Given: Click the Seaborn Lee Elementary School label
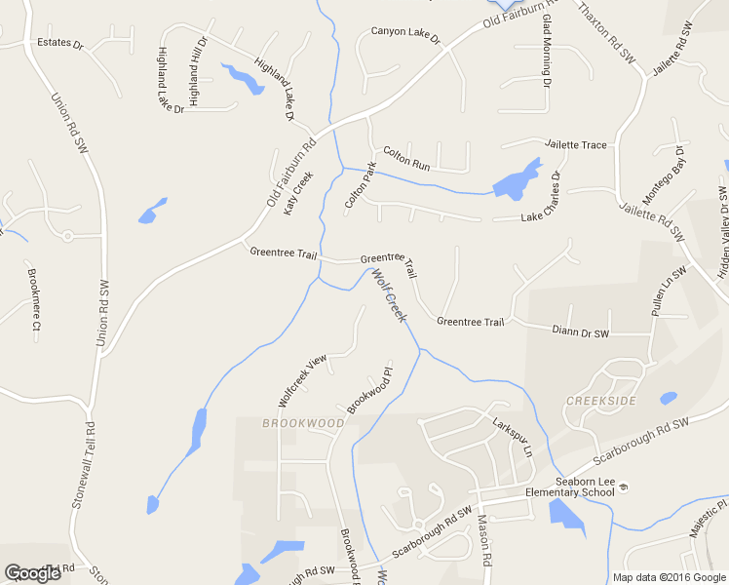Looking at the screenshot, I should tap(570, 486).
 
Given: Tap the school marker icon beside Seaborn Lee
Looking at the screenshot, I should tap(624, 486).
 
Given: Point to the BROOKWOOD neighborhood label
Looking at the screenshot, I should tap(303, 423).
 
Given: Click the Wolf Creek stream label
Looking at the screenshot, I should tap(388, 296).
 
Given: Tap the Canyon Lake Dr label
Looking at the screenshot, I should tap(406, 36).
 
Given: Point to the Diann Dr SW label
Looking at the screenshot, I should tap(580, 332).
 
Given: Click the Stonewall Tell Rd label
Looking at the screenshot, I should tap(84, 464).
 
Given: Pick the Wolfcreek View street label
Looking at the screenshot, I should tap(300, 381).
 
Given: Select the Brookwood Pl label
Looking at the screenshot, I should tap(368, 390).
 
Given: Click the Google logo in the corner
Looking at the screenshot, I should tap(32, 573).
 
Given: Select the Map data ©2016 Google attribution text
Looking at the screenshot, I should tap(669, 577).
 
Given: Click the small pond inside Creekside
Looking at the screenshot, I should tap(668, 399).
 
